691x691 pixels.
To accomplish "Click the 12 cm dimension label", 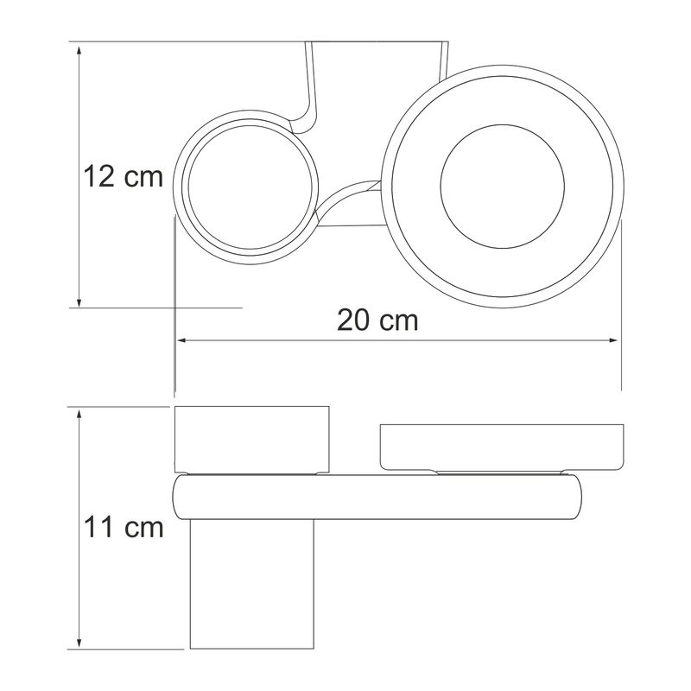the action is pyautogui.click(x=123, y=177).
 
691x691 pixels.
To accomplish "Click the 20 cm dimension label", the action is pyautogui.click(x=377, y=320).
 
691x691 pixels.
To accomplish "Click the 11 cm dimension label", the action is pyautogui.click(x=124, y=527).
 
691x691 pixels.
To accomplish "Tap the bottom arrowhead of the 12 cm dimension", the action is pyautogui.click(x=79, y=301).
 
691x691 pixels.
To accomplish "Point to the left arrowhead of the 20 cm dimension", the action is pyautogui.click(x=183, y=340).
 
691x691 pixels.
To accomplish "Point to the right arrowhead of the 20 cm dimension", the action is pyautogui.click(x=612, y=340).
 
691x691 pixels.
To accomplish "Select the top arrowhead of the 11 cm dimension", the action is pyautogui.click(x=79, y=415).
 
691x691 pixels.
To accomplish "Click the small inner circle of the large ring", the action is pyautogui.click(x=502, y=124).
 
